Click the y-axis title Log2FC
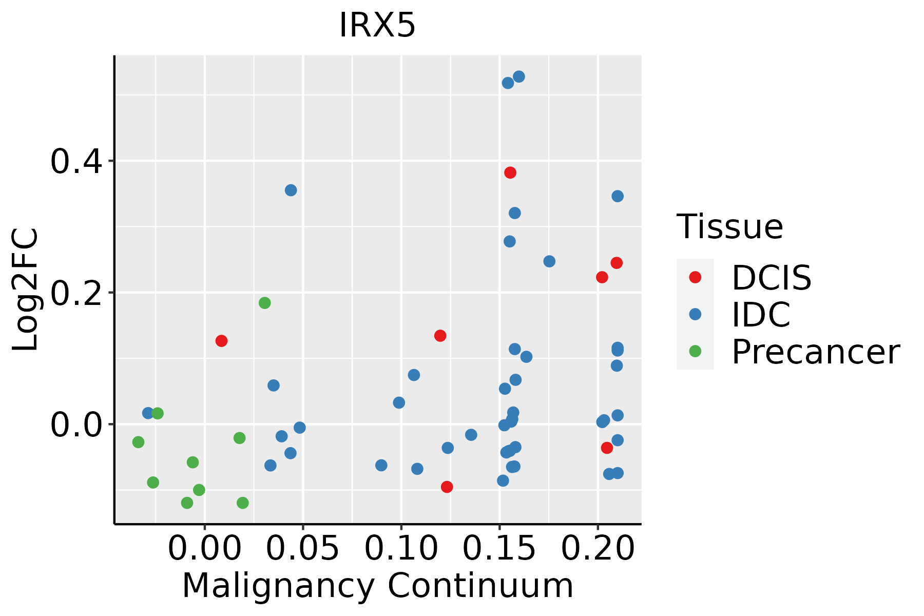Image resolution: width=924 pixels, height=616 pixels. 26,290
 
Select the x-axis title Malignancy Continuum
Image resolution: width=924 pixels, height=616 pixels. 377,586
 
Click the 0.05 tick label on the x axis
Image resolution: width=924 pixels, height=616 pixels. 303,548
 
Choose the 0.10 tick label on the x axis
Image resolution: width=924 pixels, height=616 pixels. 401,548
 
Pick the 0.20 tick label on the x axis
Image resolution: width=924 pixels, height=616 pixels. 598,548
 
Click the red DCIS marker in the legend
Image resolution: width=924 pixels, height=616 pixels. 695,277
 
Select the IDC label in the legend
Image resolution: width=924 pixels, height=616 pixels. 761,315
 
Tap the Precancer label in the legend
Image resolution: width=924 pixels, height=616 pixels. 815,352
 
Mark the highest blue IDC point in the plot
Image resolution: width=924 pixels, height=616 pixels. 519,77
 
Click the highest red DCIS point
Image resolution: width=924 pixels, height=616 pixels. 510,172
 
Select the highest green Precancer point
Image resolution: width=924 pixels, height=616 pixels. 264,303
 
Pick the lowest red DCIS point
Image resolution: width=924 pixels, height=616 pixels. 447,487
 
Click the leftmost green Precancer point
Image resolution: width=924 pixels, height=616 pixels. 138,442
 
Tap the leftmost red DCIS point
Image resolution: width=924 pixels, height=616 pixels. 221,341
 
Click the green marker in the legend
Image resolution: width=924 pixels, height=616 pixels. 695,352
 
